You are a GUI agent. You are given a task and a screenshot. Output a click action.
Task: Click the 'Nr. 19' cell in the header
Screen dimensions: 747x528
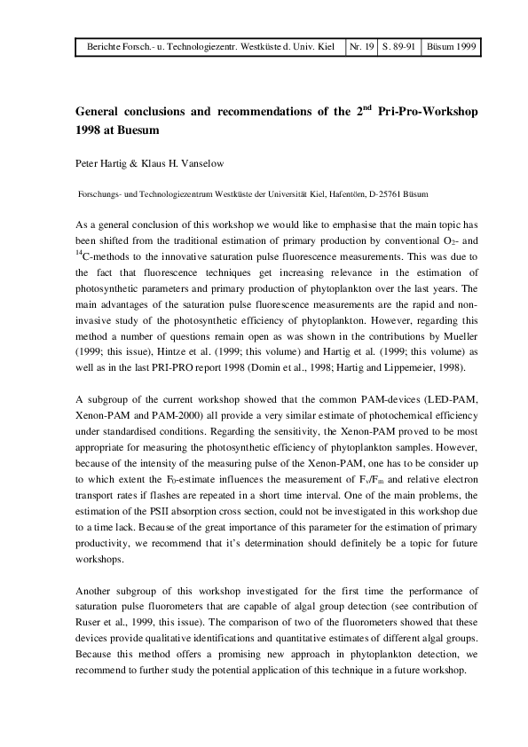[x=361, y=45]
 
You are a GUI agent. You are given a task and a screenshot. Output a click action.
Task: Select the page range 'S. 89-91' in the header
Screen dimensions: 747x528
[x=399, y=45]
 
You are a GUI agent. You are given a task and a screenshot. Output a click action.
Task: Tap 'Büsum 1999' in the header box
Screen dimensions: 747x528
[x=452, y=45]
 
